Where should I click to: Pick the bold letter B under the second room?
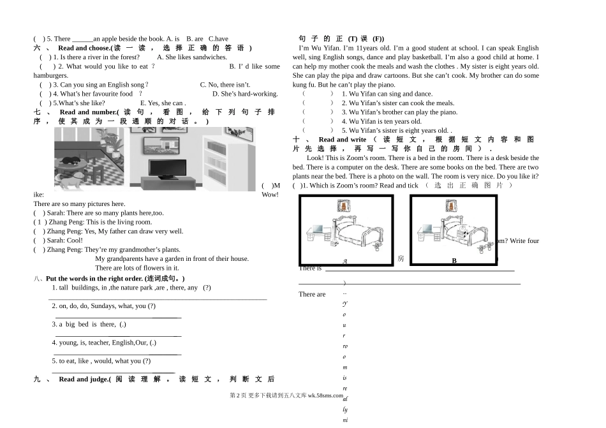(x=454, y=260)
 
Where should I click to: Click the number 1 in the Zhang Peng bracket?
(x=39, y=222)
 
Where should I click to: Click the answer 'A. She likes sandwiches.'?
(x=192, y=57)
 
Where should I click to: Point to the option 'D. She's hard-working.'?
(x=245, y=94)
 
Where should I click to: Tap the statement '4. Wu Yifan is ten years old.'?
(x=372, y=121)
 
